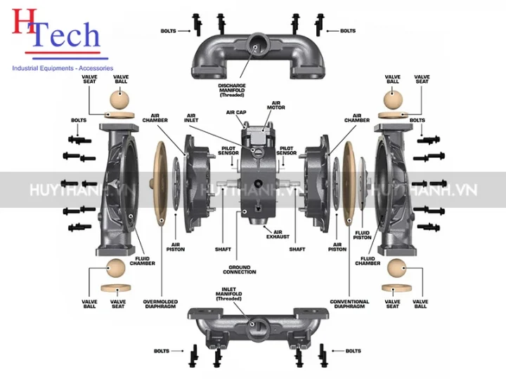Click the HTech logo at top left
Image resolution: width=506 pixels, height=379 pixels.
point(53,32)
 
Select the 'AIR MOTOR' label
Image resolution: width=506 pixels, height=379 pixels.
point(275,107)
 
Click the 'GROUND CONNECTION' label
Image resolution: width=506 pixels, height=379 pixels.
point(240,270)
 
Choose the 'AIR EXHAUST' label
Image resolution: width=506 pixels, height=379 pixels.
point(278,234)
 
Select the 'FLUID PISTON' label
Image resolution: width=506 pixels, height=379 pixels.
point(362,235)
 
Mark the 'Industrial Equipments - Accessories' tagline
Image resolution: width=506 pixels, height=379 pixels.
point(63,68)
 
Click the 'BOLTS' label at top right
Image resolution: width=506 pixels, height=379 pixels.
point(348,31)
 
